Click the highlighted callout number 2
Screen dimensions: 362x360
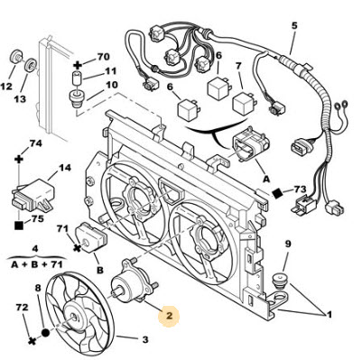pyautogui.click(x=169, y=316)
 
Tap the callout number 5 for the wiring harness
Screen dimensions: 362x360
pyautogui.click(x=294, y=25)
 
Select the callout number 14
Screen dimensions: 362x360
pyautogui.click(x=64, y=168)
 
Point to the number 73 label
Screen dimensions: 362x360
pyautogui.click(x=300, y=189)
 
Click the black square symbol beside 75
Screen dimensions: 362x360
pyautogui.click(x=19, y=225)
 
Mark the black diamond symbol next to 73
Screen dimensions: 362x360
pyautogui.click(x=277, y=193)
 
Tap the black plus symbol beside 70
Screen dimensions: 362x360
pyautogui.click(x=79, y=65)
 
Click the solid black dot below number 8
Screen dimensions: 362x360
pyautogui.click(x=45, y=333)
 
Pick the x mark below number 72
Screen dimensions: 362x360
pyautogui.click(x=32, y=341)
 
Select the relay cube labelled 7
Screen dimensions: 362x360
pyautogui.click(x=243, y=103)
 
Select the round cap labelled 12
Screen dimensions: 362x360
pyautogui.click(x=15, y=57)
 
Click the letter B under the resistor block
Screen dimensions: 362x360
pyautogui.click(x=99, y=270)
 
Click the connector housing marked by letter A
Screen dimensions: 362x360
pyautogui.click(x=250, y=144)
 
